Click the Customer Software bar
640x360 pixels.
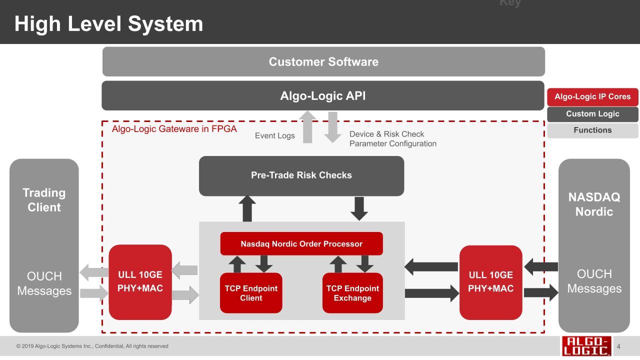[323, 62]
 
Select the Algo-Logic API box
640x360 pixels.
[323, 95]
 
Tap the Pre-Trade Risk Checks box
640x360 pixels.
[301, 175]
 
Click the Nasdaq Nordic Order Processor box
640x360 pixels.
[301, 244]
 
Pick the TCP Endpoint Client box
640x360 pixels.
[251, 293]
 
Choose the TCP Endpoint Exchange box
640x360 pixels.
[352, 293]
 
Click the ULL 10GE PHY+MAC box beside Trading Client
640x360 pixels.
[140, 282]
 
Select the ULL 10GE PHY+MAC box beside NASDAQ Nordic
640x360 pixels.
[490, 282]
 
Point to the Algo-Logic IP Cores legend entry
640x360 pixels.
[592, 97]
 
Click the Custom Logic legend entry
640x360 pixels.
[592, 114]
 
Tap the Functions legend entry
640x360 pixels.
[592, 130]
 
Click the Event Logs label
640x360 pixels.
[274, 135]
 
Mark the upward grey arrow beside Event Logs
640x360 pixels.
[307, 127]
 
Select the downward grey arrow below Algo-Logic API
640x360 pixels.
[332, 127]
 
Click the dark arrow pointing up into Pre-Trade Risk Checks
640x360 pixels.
[247, 208]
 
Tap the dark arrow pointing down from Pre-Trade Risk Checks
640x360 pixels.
[359, 208]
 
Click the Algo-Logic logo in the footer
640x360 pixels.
[586, 346]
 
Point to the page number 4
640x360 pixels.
[618, 346]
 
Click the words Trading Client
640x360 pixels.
[44, 200]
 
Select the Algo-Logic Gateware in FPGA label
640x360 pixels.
[174, 129]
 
